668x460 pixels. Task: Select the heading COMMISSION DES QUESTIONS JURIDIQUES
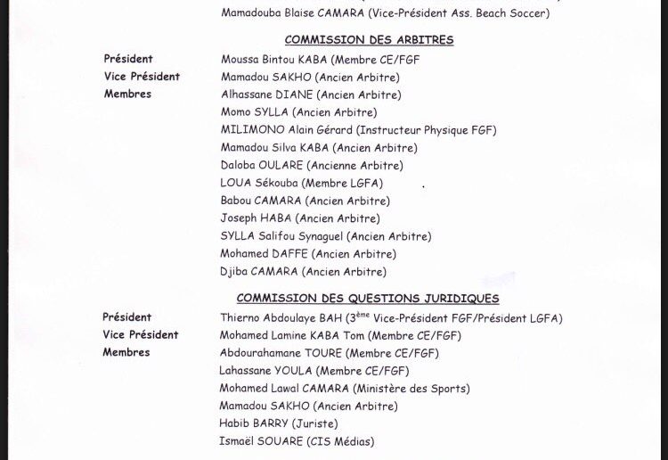coord(368,299)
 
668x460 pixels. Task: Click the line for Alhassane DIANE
coord(311,94)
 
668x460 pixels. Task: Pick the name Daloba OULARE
coord(262,165)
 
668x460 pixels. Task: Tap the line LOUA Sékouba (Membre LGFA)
coord(302,183)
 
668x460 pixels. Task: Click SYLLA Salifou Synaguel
coord(281,236)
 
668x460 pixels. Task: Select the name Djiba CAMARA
coord(259,272)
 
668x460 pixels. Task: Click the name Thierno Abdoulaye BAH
coord(288,318)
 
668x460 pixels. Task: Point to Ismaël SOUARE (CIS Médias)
coord(297,441)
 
